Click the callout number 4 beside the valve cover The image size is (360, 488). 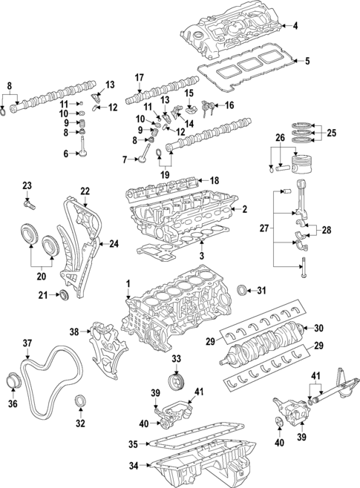point(295,27)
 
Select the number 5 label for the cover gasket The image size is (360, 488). point(307,60)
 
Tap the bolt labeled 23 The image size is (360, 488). point(30,199)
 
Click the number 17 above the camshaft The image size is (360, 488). point(139,78)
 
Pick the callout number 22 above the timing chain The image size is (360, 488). point(85,191)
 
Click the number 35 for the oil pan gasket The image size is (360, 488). point(133,444)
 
